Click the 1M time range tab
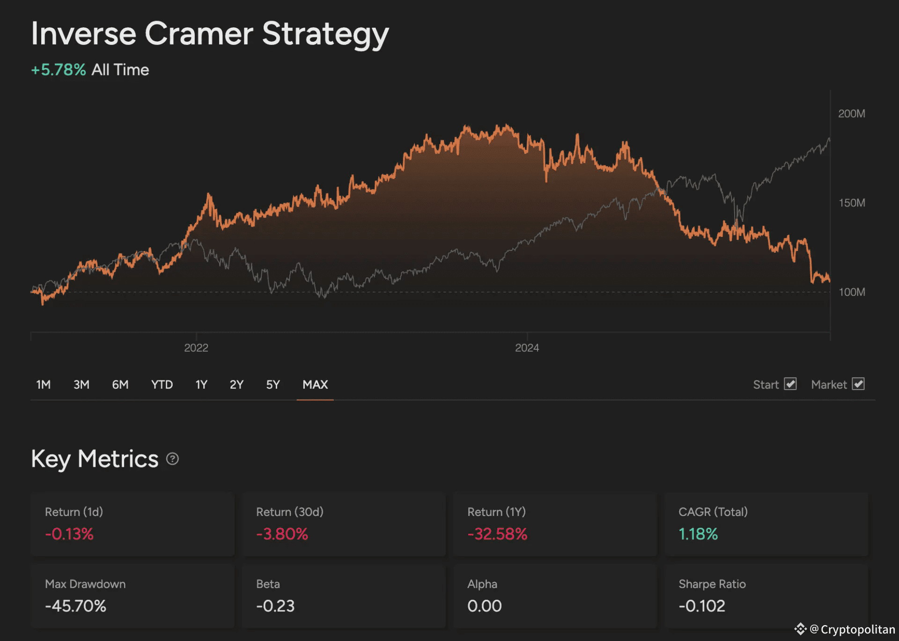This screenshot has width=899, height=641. coord(44,384)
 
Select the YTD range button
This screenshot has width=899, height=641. coord(162,384)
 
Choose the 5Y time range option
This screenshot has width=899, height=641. coord(273,384)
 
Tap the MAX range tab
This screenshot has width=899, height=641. coord(315,384)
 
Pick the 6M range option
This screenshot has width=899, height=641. coord(120,384)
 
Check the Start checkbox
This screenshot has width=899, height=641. coord(790,384)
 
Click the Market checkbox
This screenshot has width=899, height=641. coord(858,384)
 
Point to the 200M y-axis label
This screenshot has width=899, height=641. coord(852,114)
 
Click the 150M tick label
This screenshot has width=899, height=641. coord(852,203)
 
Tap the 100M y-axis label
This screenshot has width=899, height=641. coord(852,292)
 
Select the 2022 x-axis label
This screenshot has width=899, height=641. coord(196,348)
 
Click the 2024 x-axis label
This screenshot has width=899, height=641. coord(527,348)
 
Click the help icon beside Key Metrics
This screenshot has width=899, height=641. coord(172,459)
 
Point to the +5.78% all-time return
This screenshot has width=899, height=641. coord(59,70)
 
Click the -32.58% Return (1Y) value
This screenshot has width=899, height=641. coord(497,534)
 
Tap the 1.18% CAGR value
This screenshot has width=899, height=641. coord(698,534)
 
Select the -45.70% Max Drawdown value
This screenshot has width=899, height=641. coord(76,606)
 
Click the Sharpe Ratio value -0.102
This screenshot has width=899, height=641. coord(702,606)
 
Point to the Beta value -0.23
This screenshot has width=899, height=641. coord(275,606)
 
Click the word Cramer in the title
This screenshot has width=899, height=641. coord(199,34)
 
